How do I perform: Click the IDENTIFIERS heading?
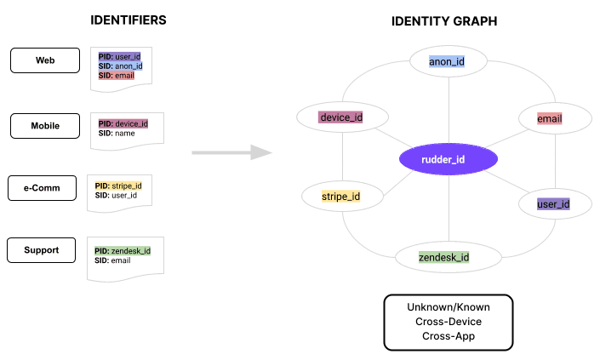pyautogui.click(x=128, y=20)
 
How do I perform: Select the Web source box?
pyautogui.click(x=45, y=61)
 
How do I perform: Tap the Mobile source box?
pyautogui.click(x=45, y=126)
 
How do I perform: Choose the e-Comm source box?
pyautogui.click(x=45, y=188)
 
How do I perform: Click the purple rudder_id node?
pyautogui.click(x=448, y=158)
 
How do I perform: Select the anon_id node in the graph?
pyautogui.click(x=448, y=61)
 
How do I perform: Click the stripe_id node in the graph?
pyautogui.click(x=340, y=197)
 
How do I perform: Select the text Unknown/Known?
pyautogui.click(x=448, y=306)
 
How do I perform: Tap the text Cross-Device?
pyautogui.click(x=448, y=321)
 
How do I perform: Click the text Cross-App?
pyautogui.click(x=448, y=335)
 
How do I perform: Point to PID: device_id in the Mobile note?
pyautogui.click(x=124, y=123)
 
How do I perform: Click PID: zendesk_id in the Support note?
pyautogui.click(x=123, y=250)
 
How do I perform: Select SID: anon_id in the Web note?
pyautogui.click(x=121, y=66)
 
